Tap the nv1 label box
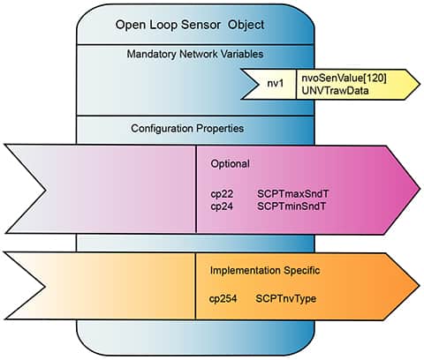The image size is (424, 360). pos(276,83)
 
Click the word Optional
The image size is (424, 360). pos(231,164)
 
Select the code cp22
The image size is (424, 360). pos(222,192)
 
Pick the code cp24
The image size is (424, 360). pos(222,205)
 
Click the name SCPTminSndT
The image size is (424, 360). pos(290,205)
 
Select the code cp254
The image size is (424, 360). pos(224,299)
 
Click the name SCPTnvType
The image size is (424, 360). pos(286,299)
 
